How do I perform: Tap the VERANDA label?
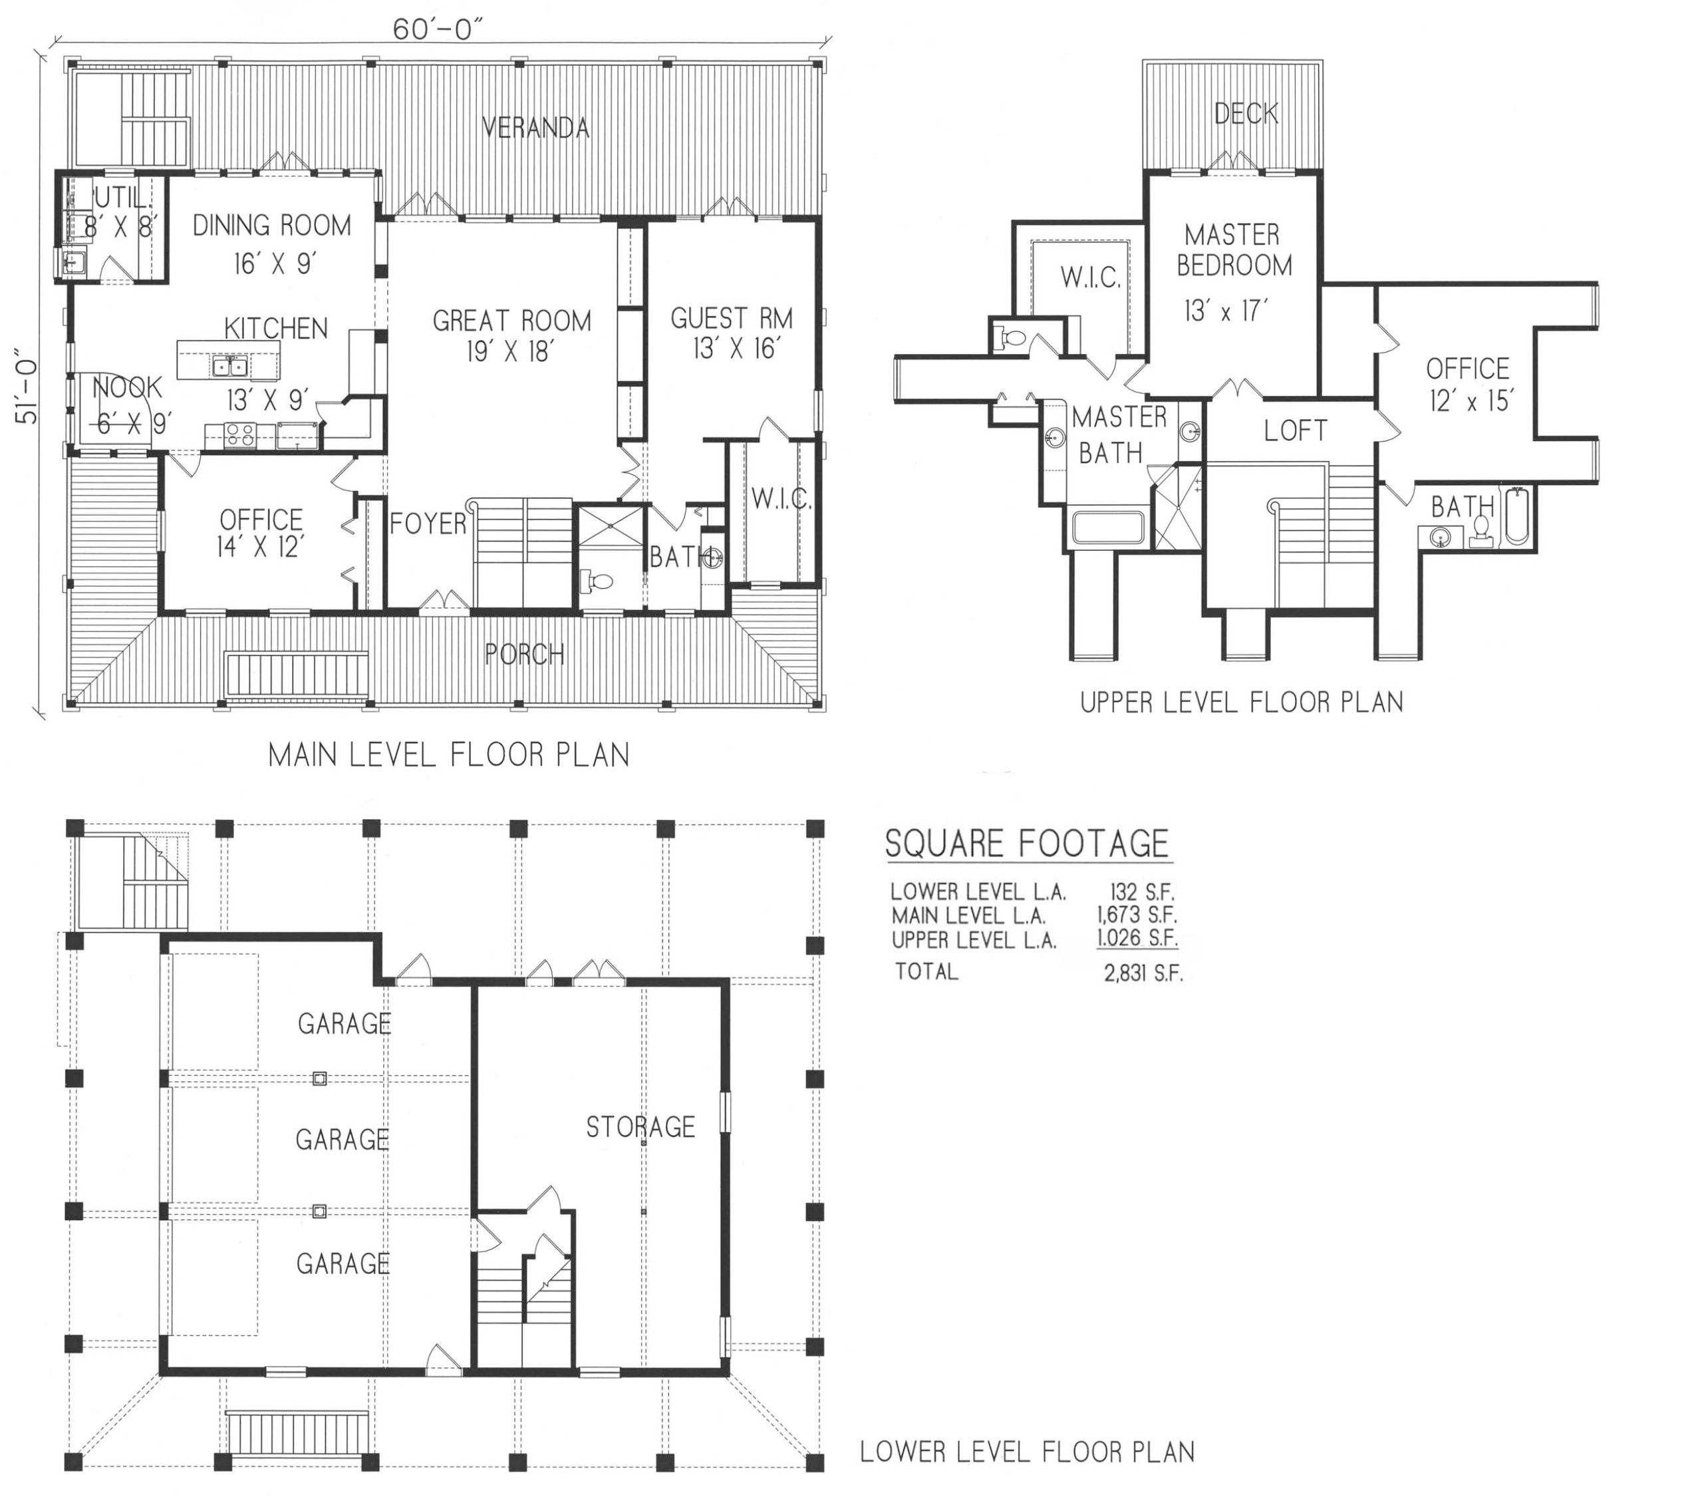(536, 128)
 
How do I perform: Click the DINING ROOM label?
(272, 225)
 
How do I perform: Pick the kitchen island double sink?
(229, 366)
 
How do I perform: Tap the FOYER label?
(428, 524)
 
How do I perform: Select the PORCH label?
(524, 655)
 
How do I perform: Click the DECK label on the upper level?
(1246, 113)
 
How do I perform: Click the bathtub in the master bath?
(1109, 528)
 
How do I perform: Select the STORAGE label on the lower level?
(640, 1127)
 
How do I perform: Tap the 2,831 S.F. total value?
(1143, 974)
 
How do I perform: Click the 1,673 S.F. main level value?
(1137, 916)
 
